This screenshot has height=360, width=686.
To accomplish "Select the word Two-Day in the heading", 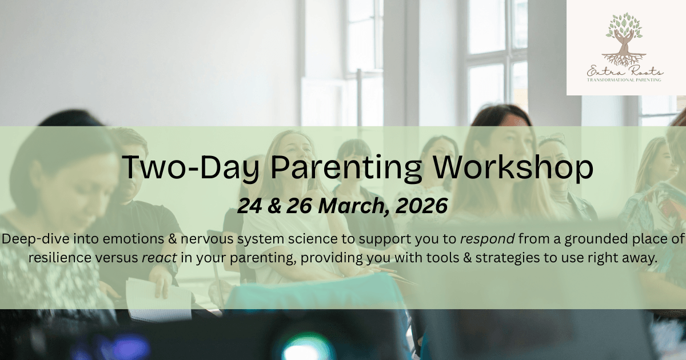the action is pos(190,169).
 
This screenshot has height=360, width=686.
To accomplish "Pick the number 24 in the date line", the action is pos(250,206).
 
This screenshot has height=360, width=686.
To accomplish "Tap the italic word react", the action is pos(159,258).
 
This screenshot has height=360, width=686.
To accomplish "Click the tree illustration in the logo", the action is pos(624,39).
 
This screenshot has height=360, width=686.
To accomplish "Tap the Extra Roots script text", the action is pos(624,71).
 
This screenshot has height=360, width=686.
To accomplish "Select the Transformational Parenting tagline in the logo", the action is pos(624,80).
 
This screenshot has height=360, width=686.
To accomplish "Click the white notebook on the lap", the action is pos(160,301).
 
